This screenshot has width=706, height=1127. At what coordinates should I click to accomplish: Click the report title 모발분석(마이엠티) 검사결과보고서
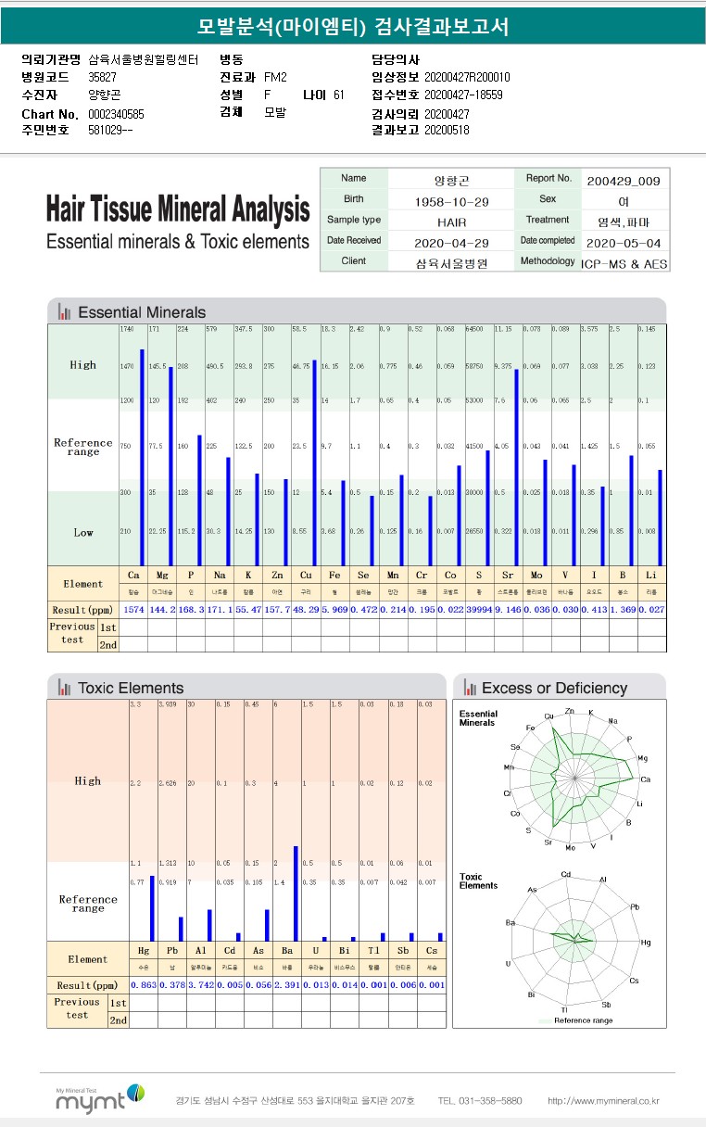[x=353, y=27]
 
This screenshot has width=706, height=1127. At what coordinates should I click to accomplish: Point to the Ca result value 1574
[x=133, y=609]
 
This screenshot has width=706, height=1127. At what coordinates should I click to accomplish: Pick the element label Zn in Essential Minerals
[x=278, y=575]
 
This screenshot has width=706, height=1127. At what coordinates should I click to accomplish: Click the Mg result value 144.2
[x=162, y=609]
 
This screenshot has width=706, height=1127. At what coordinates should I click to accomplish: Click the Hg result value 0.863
[x=144, y=984]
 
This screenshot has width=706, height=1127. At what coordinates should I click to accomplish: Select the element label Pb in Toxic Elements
[x=172, y=950]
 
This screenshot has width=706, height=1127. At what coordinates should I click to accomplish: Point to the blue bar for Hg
[x=151, y=907]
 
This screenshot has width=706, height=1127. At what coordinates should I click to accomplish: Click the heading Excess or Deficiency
[x=554, y=689]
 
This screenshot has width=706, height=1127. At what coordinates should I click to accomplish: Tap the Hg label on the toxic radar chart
[x=645, y=942]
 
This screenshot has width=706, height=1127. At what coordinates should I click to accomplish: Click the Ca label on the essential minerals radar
[x=645, y=779]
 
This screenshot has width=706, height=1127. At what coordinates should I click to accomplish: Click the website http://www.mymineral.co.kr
[x=603, y=1101]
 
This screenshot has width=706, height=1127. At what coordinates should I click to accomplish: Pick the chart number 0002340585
[x=116, y=114]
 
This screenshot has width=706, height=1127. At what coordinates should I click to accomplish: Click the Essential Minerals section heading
[x=142, y=312]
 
